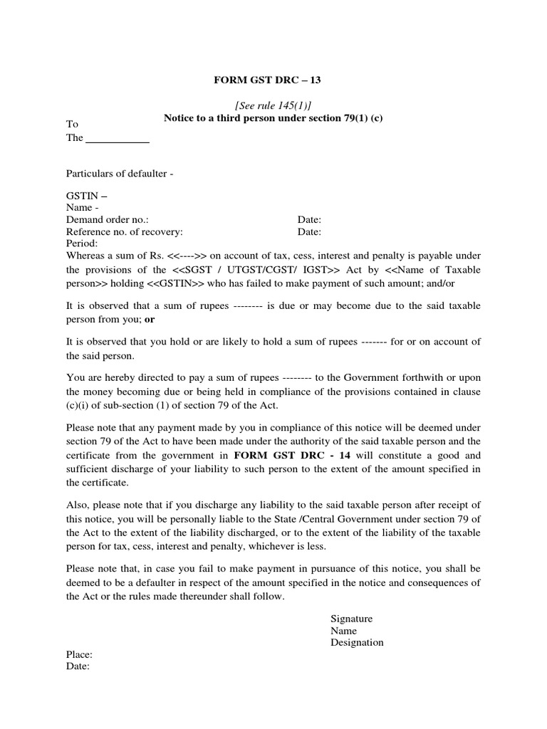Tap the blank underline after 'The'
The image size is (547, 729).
pyautogui.click(x=118, y=138)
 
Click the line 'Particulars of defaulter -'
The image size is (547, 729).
pyautogui.click(x=120, y=173)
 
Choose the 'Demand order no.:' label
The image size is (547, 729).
pyautogui.click(x=108, y=220)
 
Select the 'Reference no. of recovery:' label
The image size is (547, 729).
pyautogui.click(x=125, y=231)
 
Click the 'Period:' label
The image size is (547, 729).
pyautogui.click(x=82, y=243)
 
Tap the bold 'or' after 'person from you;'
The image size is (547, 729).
pyautogui.click(x=150, y=320)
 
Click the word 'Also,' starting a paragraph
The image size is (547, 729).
pyautogui.click(x=78, y=505)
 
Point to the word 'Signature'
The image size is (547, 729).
pyautogui.click(x=351, y=619)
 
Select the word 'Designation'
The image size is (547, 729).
pyautogui.click(x=357, y=642)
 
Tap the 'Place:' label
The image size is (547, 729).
pyautogui.click(x=79, y=654)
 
